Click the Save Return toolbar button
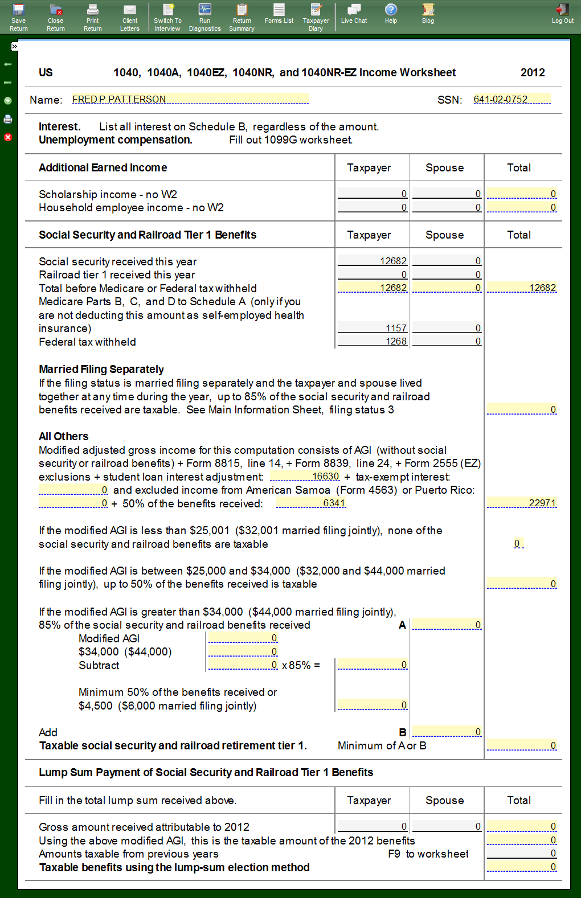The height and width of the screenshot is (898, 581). click(x=19, y=17)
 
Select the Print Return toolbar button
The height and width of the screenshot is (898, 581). click(x=93, y=17)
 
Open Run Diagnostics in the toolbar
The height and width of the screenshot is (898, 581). click(x=204, y=17)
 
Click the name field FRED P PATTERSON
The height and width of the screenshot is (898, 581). click(x=190, y=99)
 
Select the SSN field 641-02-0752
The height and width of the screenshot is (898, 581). click(x=512, y=99)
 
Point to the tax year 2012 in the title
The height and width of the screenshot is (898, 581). click(x=533, y=72)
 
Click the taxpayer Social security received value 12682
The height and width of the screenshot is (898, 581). click(x=373, y=261)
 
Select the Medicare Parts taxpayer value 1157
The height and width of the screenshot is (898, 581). click(x=373, y=328)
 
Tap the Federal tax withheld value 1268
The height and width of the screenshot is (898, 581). click(x=373, y=341)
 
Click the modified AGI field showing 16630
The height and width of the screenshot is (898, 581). click(x=305, y=476)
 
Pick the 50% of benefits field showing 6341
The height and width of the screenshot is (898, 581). click(x=311, y=503)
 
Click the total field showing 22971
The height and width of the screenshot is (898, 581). click(x=521, y=503)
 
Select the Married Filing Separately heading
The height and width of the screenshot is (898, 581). click(x=101, y=369)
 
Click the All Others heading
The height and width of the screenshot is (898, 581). click(x=64, y=436)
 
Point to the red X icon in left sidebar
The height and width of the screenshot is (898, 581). click(x=8, y=137)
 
